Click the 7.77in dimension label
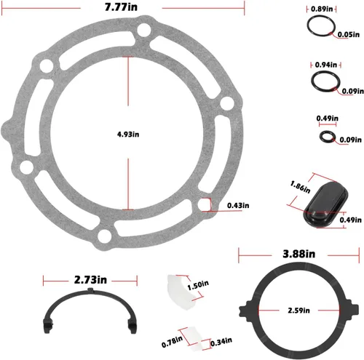click(x=121, y=7)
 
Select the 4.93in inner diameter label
click(x=128, y=135)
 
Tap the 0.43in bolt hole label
click(x=238, y=206)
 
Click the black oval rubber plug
click(x=325, y=204)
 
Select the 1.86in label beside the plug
click(x=300, y=188)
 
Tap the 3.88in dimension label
click(x=299, y=254)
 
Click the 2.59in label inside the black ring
click(x=298, y=311)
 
